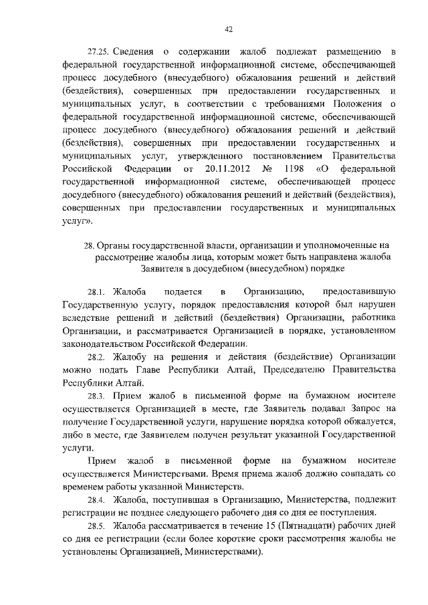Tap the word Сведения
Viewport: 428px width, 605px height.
135,51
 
